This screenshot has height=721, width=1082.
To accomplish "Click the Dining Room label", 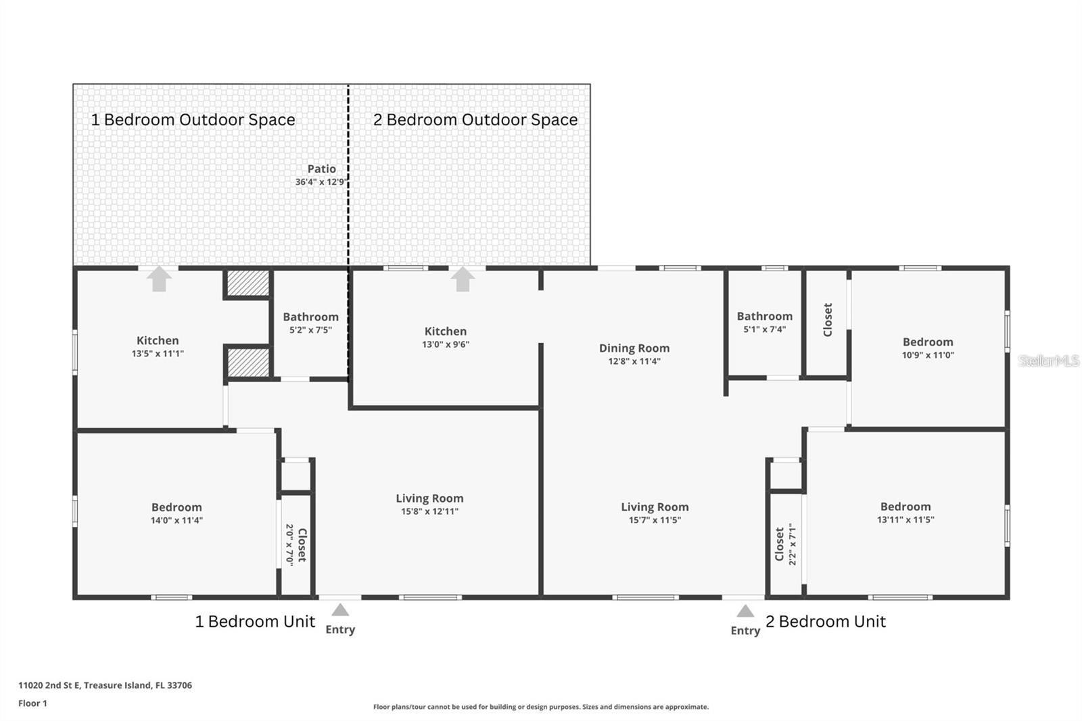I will [634, 348].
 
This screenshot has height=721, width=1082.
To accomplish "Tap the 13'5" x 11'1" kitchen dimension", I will [158, 354].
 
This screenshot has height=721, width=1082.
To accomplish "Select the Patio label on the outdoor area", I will [321, 169].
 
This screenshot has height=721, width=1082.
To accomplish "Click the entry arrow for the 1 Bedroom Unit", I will [340, 610].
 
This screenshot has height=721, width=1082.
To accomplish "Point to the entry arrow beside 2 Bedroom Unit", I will [745, 611].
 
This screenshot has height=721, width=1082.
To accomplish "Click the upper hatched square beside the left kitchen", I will [248, 283].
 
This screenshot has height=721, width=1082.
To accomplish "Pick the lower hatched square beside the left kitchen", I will [248, 363].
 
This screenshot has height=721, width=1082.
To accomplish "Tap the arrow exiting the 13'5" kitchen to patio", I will [159, 279].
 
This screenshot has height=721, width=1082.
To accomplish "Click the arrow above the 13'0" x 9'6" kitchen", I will [463, 279].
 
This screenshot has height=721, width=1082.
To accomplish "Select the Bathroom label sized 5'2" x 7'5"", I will [310, 317].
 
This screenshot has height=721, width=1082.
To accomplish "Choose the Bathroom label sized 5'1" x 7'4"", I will [764, 316].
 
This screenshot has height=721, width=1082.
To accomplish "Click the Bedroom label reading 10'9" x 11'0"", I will [928, 342].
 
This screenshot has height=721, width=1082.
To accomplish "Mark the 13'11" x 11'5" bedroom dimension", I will [905, 520].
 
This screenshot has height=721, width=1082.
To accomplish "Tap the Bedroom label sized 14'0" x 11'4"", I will [177, 507].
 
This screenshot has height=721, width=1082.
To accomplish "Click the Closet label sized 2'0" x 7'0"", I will [302, 544].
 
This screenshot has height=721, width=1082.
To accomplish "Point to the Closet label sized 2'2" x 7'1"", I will [780, 544].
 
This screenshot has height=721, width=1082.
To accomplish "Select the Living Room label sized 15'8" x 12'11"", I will [429, 498].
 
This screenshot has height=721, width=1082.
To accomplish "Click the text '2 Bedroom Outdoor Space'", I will [475, 120].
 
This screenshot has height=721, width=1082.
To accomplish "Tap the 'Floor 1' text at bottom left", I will [32, 703].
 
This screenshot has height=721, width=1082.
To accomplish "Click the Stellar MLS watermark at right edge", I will [1049, 360].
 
